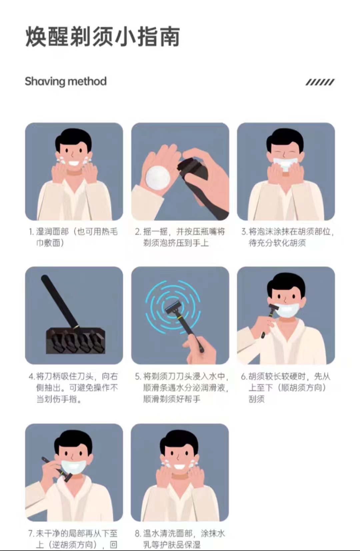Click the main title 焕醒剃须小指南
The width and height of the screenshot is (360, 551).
click(x=103, y=37)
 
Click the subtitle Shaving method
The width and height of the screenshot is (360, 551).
click(x=66, y=81)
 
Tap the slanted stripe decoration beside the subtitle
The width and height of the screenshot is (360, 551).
click(x=320, y=82)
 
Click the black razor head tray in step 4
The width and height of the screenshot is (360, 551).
click(x=76, y=341)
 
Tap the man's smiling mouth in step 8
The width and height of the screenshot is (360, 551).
click(x=180, y=466)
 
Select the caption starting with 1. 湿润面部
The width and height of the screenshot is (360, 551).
click(x=73, y=237)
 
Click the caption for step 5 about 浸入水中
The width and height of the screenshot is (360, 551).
click(x=181, y=388)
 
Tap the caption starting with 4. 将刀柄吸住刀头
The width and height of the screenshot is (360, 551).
click(x=73, y=388)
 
